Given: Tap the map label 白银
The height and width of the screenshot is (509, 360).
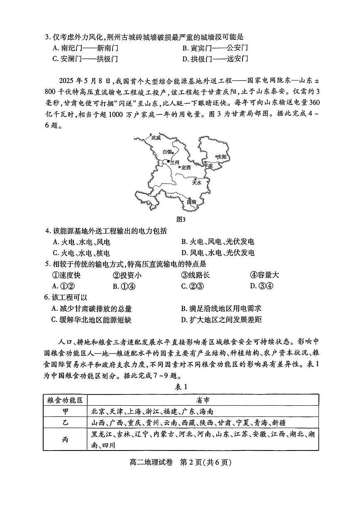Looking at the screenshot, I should coord(167,152).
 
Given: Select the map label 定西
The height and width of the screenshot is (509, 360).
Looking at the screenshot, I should coord(186,168).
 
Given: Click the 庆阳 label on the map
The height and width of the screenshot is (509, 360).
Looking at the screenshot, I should coord(222,157).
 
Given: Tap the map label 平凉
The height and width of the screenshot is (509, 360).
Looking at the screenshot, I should coord(208,166).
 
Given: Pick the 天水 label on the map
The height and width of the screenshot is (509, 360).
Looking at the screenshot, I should coord(196,182).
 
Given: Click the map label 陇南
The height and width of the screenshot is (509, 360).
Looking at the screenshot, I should coord(191,202).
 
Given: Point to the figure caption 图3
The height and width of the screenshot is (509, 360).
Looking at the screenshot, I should coord(181,219).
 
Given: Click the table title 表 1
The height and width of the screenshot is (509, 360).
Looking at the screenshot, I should coord(181,387).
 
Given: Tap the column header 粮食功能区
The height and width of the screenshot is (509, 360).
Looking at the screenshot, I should coord(65,400).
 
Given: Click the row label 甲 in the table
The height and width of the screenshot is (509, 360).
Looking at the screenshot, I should coord(65,412).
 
